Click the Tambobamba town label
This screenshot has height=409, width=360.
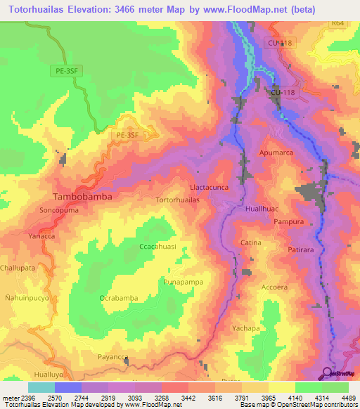(83, 197)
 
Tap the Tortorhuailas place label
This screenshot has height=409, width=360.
(177, 200)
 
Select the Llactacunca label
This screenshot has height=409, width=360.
(210, 188)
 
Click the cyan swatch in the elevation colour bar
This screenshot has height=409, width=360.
(41, 387)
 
